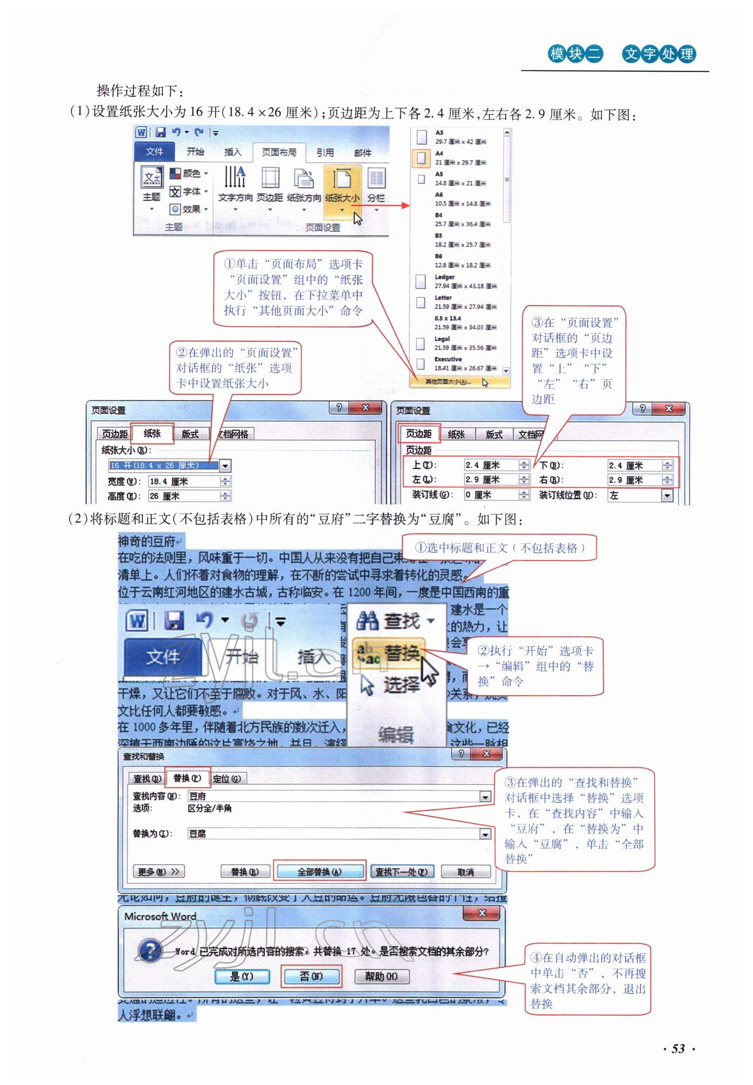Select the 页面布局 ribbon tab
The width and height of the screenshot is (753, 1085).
click(279, 152)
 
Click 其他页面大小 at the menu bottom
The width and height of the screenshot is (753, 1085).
click(448, 382)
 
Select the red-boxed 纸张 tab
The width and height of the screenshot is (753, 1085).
click(152, 433)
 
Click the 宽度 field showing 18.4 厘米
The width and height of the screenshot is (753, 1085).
click(184, 481)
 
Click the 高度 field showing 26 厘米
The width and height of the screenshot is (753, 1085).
click(184, 496)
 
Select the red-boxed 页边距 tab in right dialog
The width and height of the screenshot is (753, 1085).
click(419, 434)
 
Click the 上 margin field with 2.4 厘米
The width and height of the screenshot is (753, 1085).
click(491, 465)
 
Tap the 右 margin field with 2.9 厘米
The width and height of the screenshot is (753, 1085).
click(635, 480)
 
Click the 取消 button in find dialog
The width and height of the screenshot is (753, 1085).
click(465, 872)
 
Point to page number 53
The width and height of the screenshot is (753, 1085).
click(678, 1048)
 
